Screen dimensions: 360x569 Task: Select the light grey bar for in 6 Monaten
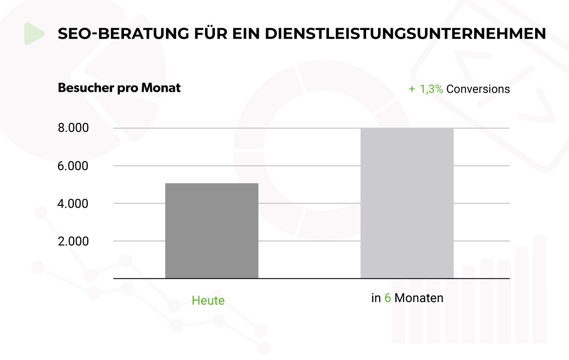pos(407,203)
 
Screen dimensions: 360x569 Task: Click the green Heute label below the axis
pos(208,301)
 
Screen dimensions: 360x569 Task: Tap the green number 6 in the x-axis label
pos(388,298)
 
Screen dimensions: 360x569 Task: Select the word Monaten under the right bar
pos(419,298)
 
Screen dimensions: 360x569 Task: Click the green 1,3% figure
pos(431,89)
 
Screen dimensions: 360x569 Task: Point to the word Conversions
pos(478,89)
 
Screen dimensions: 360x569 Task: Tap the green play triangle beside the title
pos(34,34)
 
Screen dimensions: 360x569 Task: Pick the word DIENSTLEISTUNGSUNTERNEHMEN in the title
pos(406,34)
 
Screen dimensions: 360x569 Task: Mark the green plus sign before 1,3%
pos(412,89)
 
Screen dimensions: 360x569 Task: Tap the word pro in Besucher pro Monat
pos(128,89)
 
